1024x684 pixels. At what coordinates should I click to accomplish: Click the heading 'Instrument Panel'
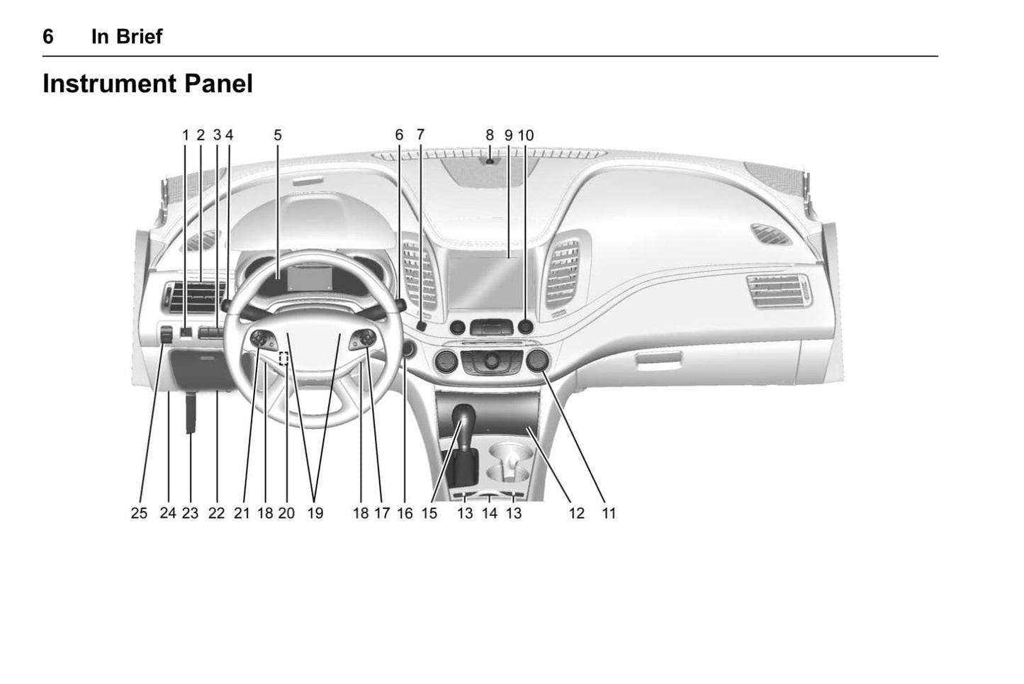(147, 84)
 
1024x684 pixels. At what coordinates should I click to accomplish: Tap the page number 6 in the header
(48, 37)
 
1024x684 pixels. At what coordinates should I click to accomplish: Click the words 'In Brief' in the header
(127, 37)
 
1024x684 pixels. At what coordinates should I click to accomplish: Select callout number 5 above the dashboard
(278, 135)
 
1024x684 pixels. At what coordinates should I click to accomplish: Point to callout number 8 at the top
(490, 135)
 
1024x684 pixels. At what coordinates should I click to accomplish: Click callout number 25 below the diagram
(139, 513)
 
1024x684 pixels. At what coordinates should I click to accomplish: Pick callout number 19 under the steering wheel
(315, 513)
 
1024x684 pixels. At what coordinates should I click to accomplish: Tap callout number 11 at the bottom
(609, 513)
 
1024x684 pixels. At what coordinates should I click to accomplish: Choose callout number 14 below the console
(490, 513)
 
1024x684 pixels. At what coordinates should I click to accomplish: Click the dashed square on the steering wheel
(284, 358)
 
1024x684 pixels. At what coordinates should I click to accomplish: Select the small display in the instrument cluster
(310, 278)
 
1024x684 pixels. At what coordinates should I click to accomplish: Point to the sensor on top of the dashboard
(490, 161)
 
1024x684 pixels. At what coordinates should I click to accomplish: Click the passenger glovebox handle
(659, 357)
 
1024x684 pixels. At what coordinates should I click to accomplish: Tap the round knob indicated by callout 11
(537, 361)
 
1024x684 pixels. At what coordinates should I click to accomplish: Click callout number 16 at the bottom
(405, 513)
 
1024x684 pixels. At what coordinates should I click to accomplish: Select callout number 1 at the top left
(186, 135)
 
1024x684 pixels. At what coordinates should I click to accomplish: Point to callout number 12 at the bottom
(576, 513)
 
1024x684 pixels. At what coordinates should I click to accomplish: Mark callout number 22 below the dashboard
(216, 513)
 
